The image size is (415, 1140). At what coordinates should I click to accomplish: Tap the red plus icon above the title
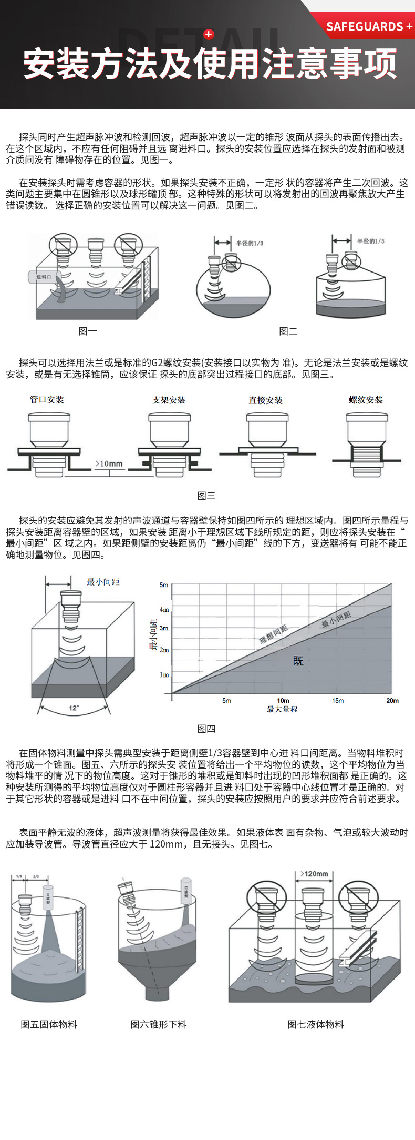[x=209, y=34]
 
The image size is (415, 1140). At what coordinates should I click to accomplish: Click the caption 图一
[x=88, y=331]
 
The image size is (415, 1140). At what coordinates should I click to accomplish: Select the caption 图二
[x=288, y=331]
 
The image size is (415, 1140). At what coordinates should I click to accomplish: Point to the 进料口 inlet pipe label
[x=44, y=277]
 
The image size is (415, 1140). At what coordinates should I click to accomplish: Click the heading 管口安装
[x=47, y=400]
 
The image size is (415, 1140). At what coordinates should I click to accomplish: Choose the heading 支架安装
[x=169, y=400]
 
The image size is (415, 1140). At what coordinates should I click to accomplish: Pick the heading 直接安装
[x=265, y=400]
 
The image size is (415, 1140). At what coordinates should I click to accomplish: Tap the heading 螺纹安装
[x=366, y=400]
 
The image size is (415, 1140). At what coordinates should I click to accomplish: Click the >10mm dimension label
[x=109, y=463]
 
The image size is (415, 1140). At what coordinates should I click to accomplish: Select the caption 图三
[x=206, y=496]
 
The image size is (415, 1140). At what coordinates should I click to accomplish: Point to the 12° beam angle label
[x=74, y=708]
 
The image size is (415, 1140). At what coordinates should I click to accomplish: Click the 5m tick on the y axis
[x=164, y=584]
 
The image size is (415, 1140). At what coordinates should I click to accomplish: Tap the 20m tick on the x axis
[x=392, y=700]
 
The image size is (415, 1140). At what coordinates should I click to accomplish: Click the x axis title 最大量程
[x=282, y=709]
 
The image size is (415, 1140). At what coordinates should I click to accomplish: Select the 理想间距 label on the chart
[x=274, y=634]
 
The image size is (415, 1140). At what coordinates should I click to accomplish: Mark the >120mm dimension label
[x=314, y=874]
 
